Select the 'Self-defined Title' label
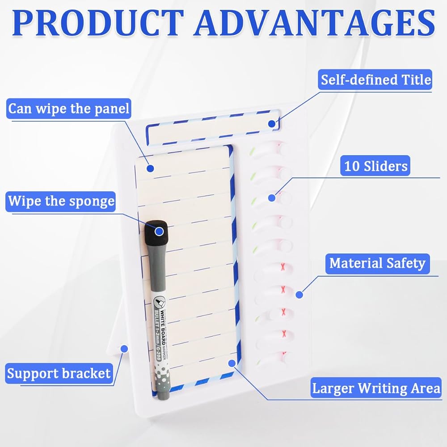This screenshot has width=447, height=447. click(x=376, y=80)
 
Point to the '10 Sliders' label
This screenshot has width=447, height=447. click(x=376, y=166)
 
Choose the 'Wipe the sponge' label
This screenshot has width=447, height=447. click(x=61, y=201)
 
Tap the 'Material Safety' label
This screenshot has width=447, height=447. click(x=377, y=263)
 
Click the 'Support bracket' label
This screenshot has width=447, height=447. click(x=59, y=373)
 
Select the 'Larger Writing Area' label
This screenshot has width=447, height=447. click(x=376, y=388)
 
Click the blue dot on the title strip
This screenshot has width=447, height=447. click(x=271, y=123)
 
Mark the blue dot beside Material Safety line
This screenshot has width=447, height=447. click(x=299, y=295)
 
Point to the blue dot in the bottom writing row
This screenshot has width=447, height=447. click(x=232, y=363)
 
